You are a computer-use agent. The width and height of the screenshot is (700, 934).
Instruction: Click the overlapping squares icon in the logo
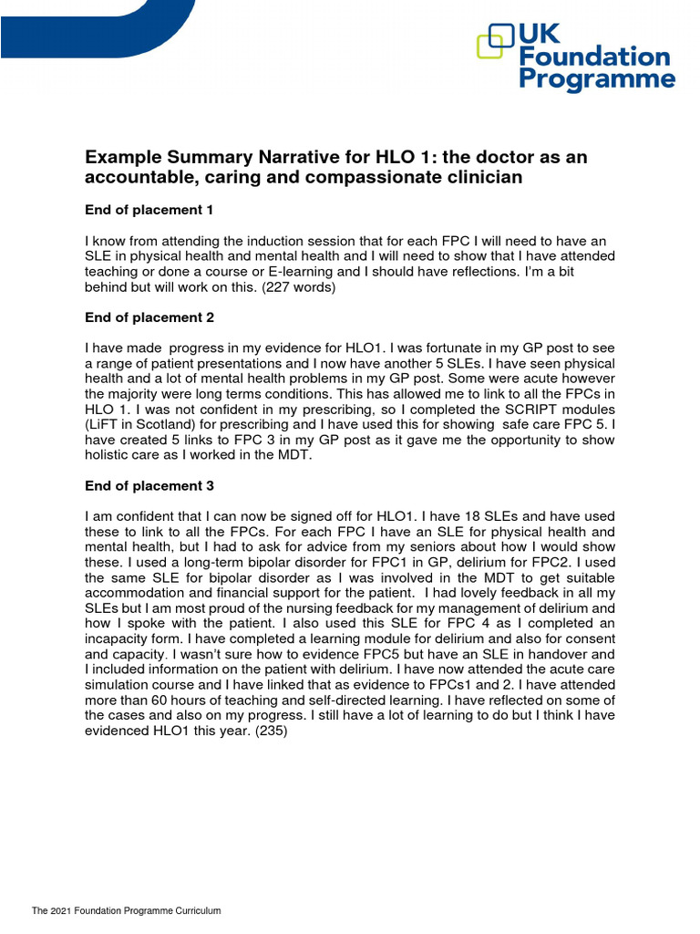coord(496,41)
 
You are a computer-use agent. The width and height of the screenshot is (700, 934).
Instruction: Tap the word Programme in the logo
coord(597,80)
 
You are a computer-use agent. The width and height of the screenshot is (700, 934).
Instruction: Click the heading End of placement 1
coord(149,210)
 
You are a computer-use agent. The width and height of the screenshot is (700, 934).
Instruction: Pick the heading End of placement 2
coord(149,318)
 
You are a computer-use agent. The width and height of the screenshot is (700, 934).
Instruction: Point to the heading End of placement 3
coord(149,485)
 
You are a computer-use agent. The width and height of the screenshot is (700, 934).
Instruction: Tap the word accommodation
coord(135,594)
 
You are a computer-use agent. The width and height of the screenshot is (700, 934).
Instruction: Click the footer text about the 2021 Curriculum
coord(127,911)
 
